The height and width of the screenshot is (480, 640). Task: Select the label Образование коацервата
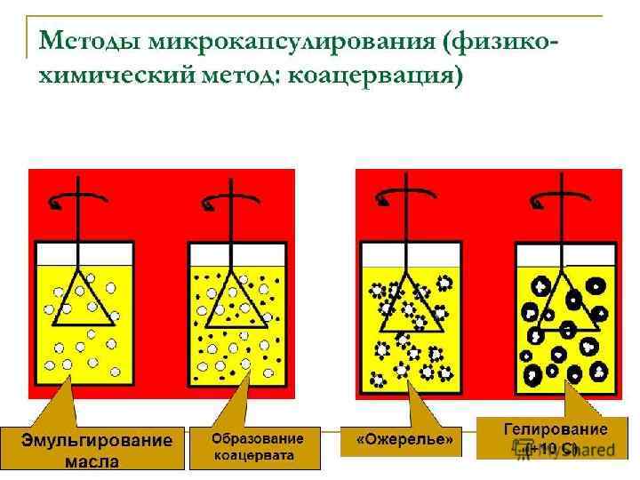point(257,448)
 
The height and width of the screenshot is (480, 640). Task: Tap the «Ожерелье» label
point(404,440)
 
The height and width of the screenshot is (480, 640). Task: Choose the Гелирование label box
point(555,438)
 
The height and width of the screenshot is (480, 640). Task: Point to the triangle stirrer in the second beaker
point(232,300)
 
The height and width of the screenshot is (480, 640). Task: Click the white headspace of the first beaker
point(53,252)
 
